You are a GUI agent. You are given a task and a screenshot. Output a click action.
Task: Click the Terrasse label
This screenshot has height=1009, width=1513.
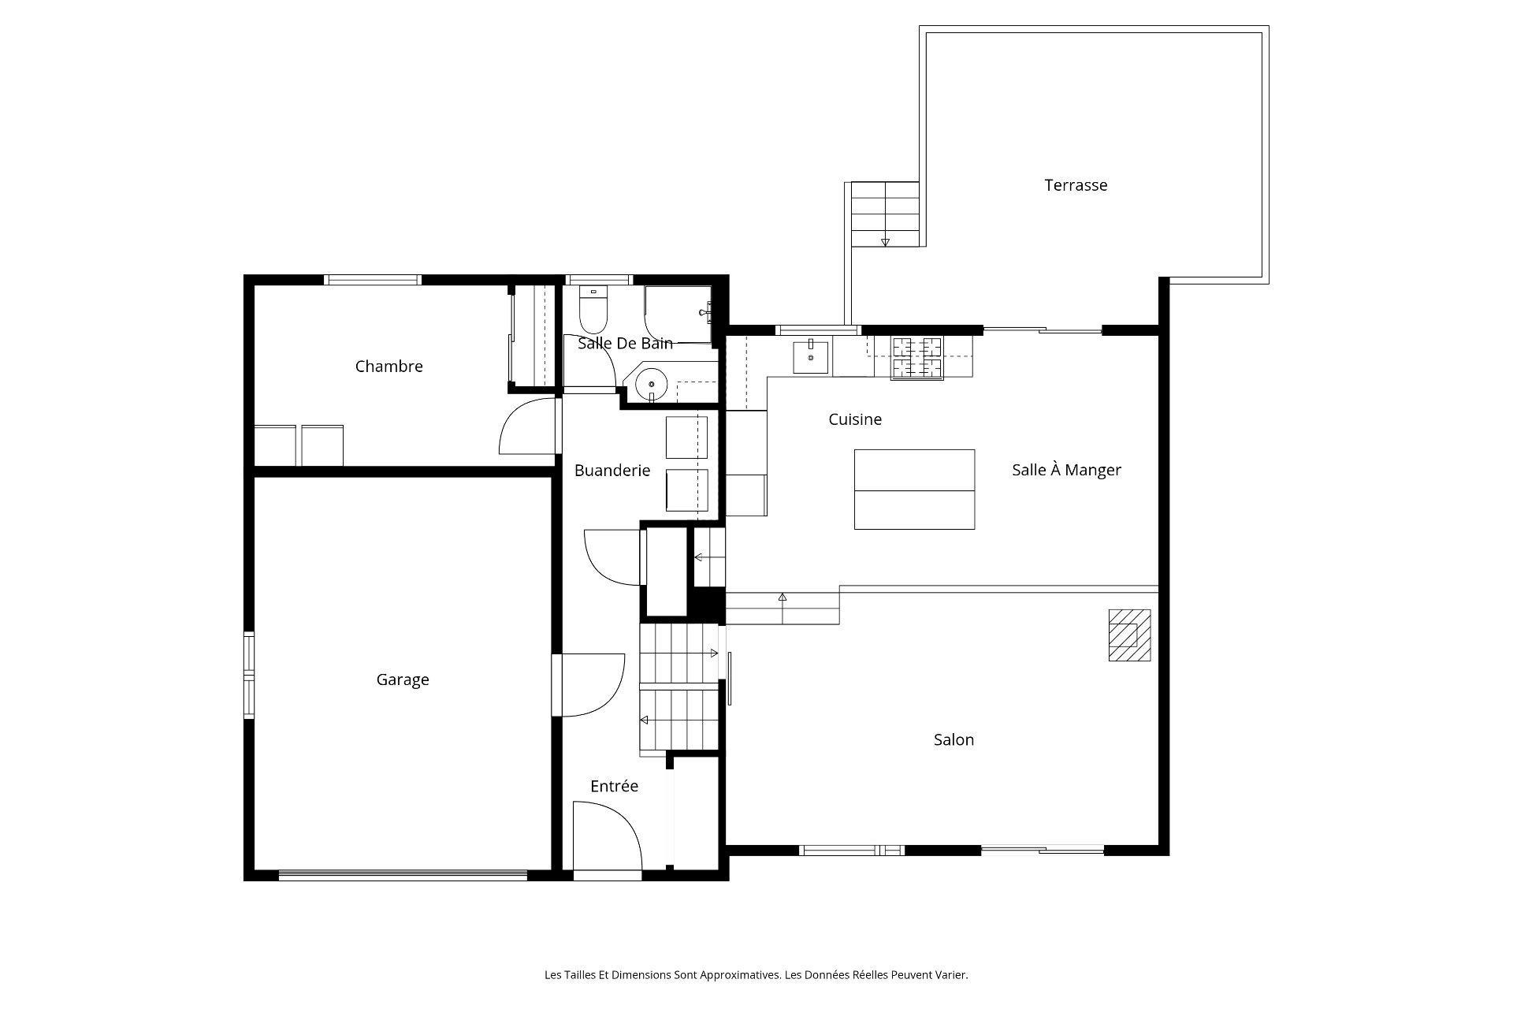[x=1076, y=185]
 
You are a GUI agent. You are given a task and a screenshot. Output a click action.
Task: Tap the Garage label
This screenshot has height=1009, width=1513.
[x=403, y=679]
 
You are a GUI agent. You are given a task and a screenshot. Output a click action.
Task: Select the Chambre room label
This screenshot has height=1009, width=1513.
[x=388, y=366]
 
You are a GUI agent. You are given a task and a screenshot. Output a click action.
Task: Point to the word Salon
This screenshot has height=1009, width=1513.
[x=954, y=739]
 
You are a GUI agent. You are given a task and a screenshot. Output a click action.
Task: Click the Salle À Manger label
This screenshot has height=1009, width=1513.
[x=1066, y=470]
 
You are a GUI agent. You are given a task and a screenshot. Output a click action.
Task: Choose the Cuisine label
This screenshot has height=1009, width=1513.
[x=854, y=419]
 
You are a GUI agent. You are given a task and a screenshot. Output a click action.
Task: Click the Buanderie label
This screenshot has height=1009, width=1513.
[x=612, y=471]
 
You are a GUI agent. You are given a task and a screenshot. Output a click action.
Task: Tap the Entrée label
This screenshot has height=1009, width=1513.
[x=614, y=786]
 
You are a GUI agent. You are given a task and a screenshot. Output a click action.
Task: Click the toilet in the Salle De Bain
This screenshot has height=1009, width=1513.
[x=593, y=311]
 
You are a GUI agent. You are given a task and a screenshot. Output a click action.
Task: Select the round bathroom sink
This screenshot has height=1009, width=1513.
[x=652, y=385]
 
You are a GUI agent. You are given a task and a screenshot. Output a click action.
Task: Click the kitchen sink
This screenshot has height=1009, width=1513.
[x=810, y=357]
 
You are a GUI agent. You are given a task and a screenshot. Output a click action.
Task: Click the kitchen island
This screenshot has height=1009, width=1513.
[x=914, y=489]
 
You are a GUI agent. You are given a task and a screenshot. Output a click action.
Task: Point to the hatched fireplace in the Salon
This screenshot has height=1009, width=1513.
[x=1129, y=635]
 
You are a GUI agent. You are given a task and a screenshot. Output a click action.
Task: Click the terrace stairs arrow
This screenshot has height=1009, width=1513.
[x=885, y=241]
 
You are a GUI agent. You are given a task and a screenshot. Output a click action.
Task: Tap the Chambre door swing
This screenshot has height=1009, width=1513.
[x=528, y=427]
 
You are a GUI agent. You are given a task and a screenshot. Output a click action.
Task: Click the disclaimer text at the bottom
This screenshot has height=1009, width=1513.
[x=756, y=975]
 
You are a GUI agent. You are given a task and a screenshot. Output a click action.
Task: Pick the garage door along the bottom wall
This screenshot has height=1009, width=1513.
[x=403, y=874]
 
